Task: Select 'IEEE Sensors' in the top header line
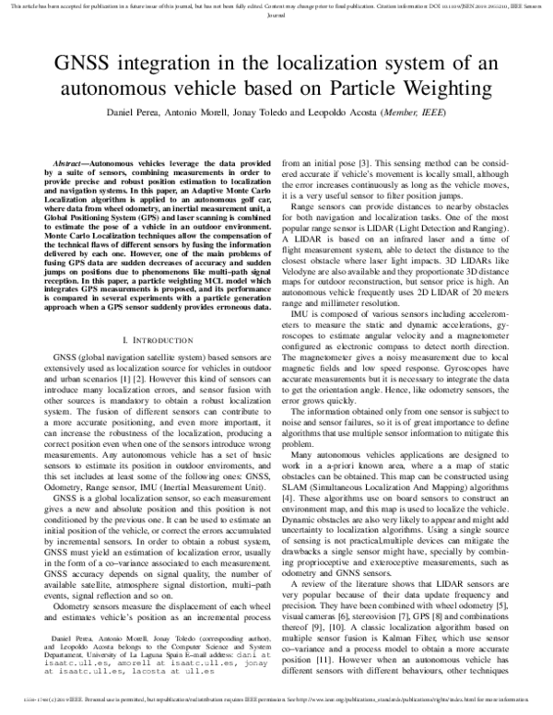click(x=523, y=6)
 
